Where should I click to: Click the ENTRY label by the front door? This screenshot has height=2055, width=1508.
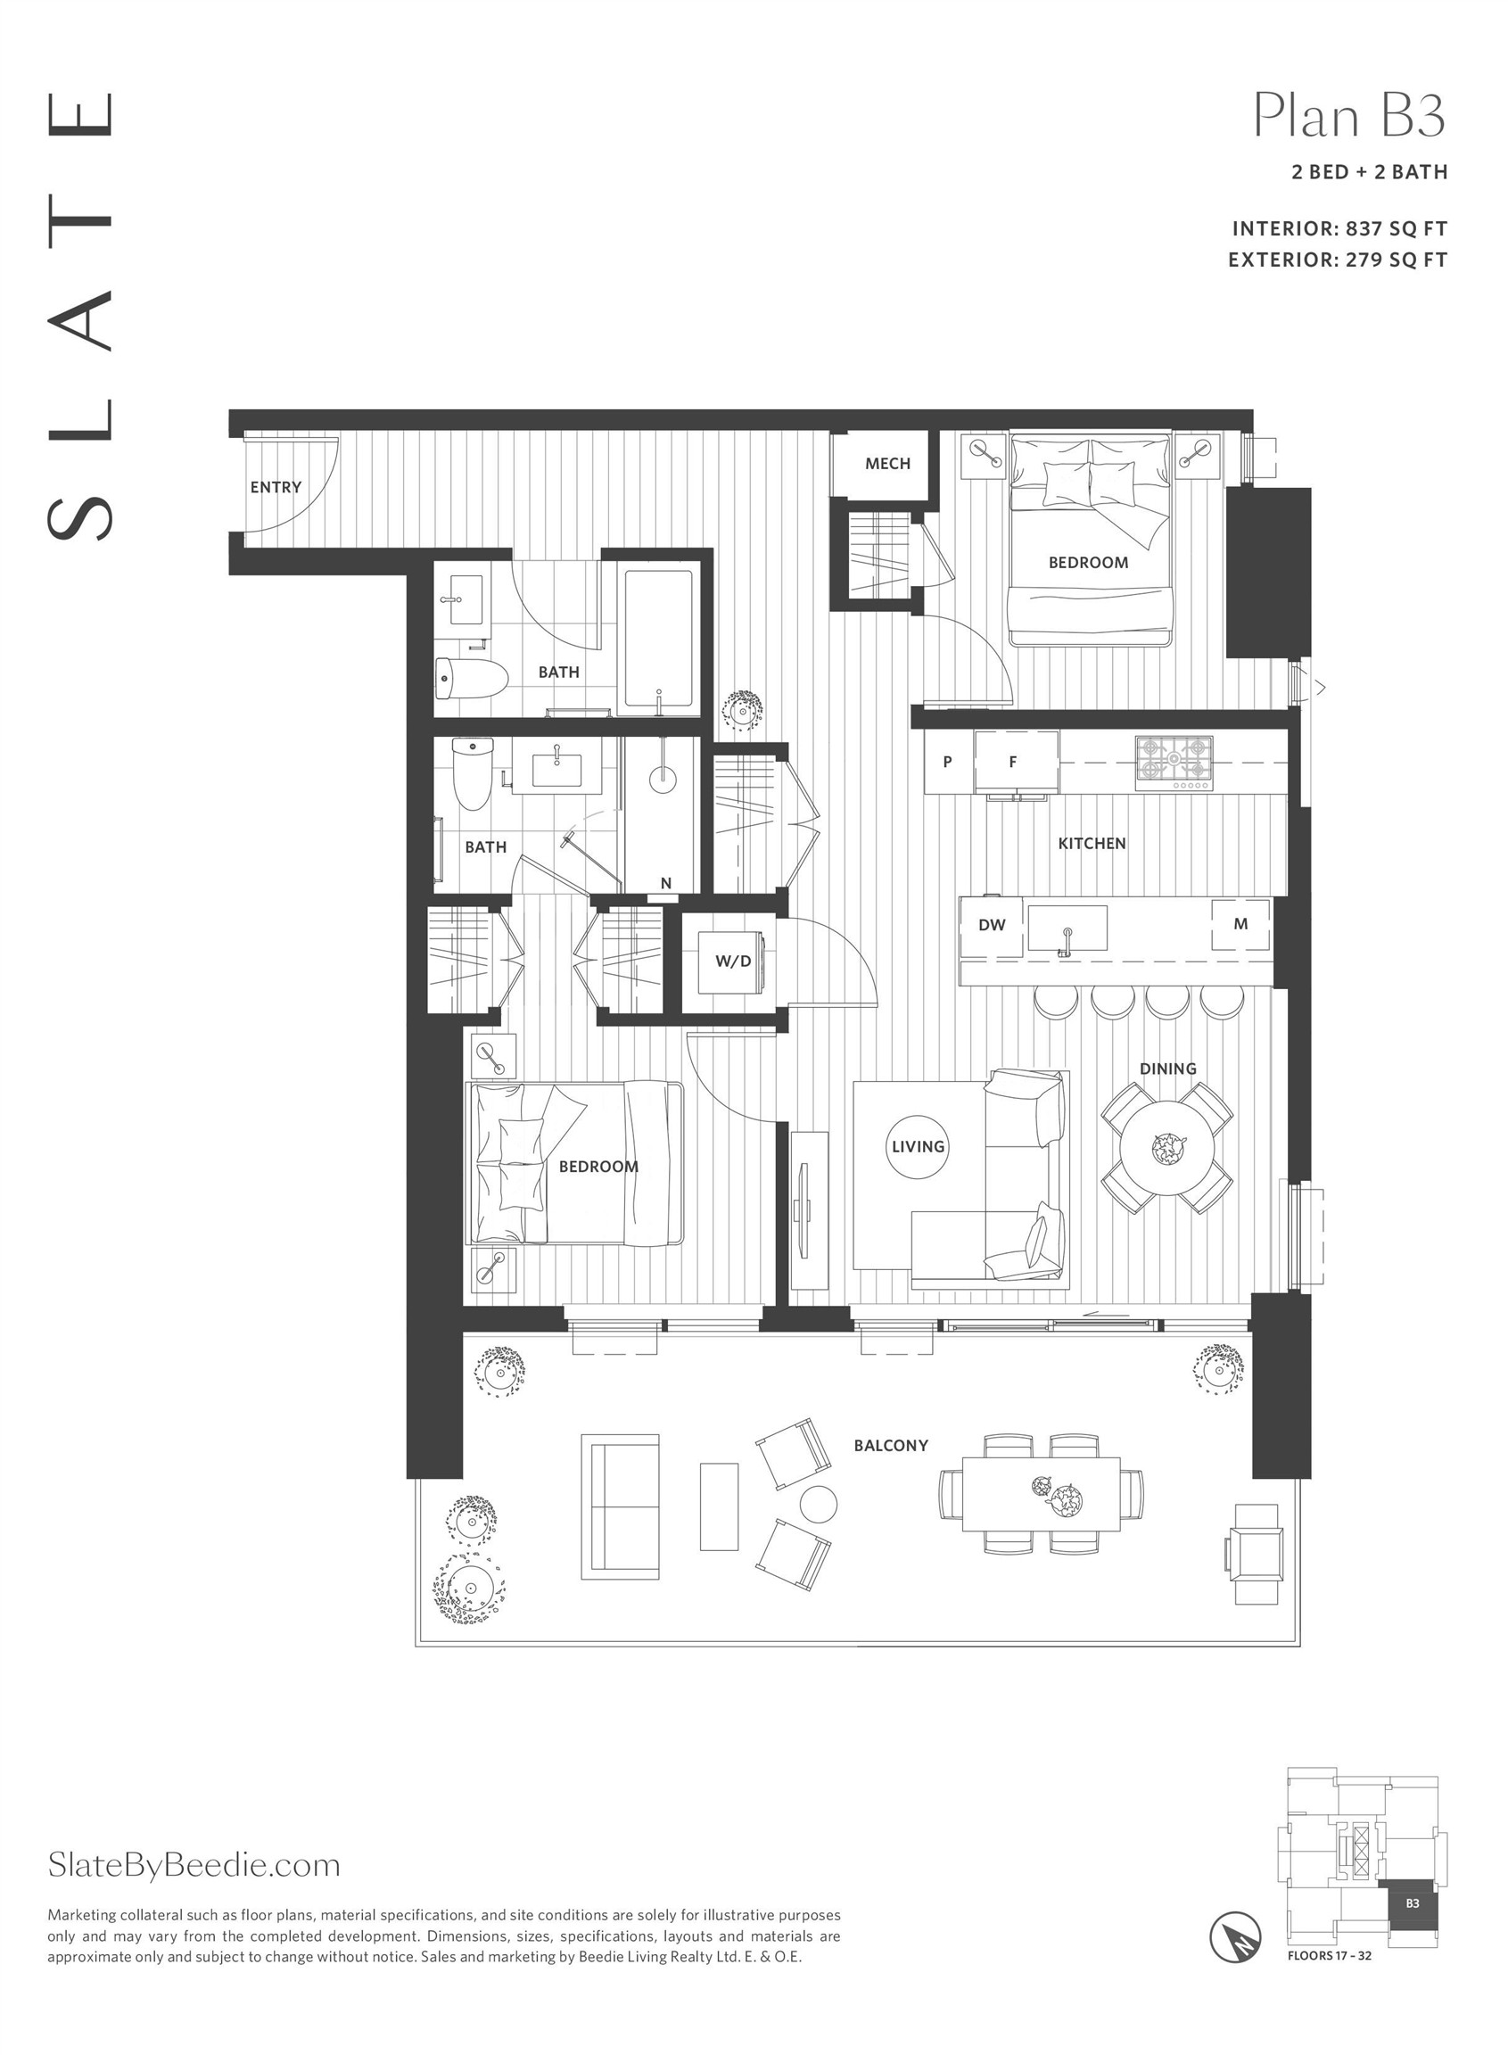click(x=276, y=488)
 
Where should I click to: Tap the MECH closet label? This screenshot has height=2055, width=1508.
click(x=887, y=464)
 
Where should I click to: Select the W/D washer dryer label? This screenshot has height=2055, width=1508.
click(x=733, y=961)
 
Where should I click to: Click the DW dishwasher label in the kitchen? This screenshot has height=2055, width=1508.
click(x=992, y=925)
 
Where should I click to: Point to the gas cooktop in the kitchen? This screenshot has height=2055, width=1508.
click(x=1174, y=763)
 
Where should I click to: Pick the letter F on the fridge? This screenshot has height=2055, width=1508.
click(x=1012, y=762)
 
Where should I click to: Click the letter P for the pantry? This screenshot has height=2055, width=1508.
click(x=948, y=762)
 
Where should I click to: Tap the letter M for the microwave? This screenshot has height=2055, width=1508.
click(x=1240, y=924)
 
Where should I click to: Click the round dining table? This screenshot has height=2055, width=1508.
click(x=1167, y=1148)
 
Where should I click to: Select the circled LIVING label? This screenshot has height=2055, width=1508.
click(x=919, y=1147)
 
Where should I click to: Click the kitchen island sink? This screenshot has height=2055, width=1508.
click(x=1067, y=928)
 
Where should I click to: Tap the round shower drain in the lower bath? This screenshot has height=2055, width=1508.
click(x=663, y=780)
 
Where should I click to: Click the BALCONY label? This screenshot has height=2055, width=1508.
click(x=891, y=1446)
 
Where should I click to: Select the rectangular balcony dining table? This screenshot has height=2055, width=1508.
click(x=1042, y=1495)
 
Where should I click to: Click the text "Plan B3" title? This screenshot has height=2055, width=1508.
click(x=1349, y=116)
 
